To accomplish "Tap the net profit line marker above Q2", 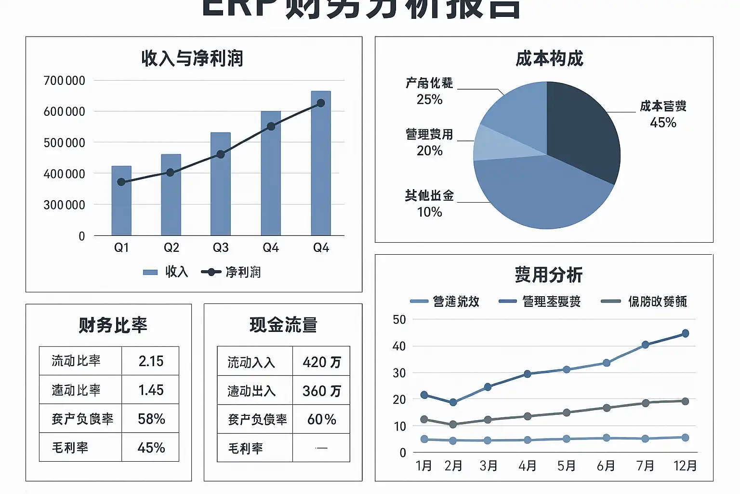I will point(170,172).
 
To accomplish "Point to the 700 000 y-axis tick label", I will point(64,81).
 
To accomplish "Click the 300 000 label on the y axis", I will point(64,205).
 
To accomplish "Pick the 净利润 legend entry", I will point(231,272).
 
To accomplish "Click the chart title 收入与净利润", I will point(192,58).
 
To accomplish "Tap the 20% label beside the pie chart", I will point(429,151).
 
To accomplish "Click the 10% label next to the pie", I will point(429,212).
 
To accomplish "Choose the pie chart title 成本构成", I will point(549,58).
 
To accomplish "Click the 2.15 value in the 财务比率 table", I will point(151,361).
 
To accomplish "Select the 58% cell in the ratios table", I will point(151,419).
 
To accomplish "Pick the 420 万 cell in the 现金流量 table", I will point(321,362).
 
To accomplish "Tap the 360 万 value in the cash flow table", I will point(321,391).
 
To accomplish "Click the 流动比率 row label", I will point(76,361).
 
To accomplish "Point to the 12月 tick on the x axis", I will point(685,466).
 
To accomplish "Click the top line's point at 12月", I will point(686,333).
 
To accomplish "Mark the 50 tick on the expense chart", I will point(399,320).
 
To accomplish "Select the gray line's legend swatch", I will point(611,302).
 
